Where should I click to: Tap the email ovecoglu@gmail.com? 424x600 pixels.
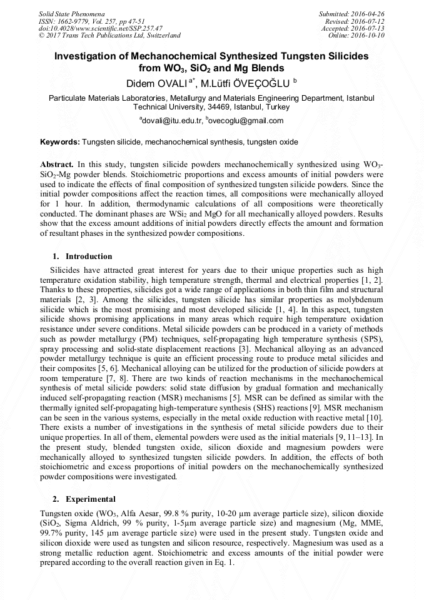point(245,121)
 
